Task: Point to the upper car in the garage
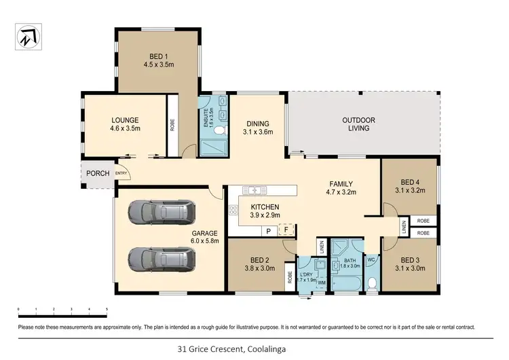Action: point(161,213)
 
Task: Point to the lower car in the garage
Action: point(161,258)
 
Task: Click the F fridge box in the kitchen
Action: point(287,230)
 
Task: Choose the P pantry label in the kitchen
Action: point(268,231)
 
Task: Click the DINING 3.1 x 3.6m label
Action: point(259,128)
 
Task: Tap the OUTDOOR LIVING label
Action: point(359,124)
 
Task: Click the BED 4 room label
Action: point(409,186)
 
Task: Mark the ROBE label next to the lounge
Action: point(172,126)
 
